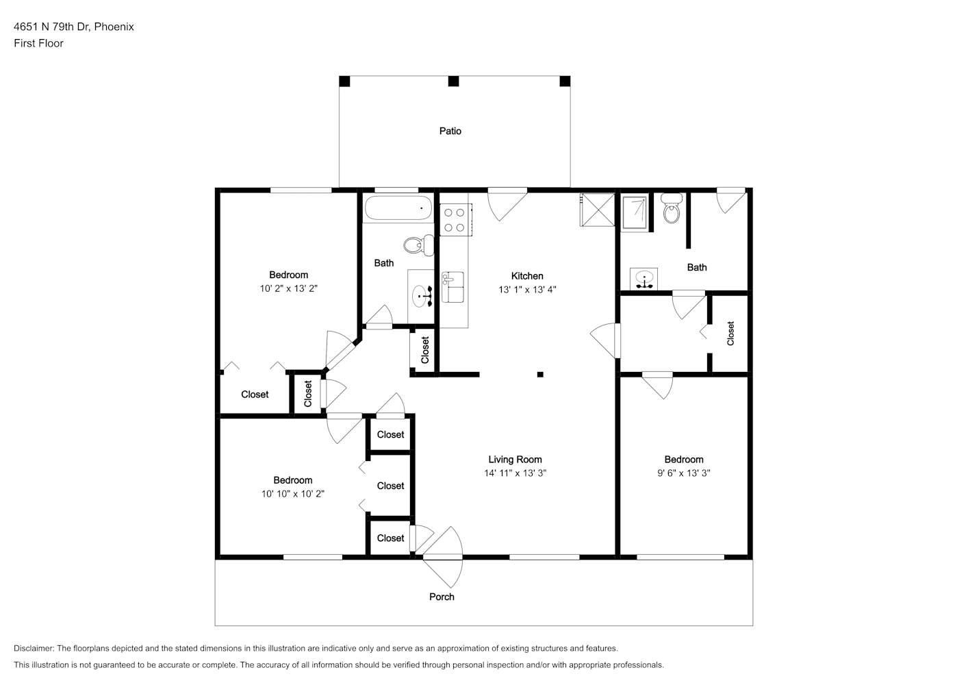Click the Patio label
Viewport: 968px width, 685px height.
click(x=450, y=131)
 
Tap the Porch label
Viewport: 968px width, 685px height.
click(x=442, y=597)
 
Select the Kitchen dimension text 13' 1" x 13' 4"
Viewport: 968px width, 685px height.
click(x=527, y=290)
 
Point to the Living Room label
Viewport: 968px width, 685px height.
click(x=515, y=459)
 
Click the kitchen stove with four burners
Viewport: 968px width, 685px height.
click(x=456, y=220)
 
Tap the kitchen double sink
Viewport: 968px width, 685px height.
click(x=453, y=287)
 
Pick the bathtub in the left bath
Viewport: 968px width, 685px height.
click(x=398, y=208)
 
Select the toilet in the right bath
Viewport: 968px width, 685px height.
click(x=672, y=208)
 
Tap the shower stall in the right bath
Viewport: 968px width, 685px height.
click(x=635, y=212)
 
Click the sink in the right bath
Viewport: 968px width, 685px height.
click(x=644, y=279)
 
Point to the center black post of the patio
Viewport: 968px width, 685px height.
click(x=453, y=82)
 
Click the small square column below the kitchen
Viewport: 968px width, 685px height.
click(x=540, y=375)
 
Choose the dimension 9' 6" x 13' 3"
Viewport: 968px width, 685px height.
click(x=684, y=473)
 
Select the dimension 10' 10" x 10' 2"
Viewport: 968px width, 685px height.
click(x=292, y=494)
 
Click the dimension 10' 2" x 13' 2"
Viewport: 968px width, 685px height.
click(x=289, y=288)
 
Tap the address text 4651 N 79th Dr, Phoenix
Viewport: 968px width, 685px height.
click(x=74, y=27)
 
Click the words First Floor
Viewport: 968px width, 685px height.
click(x=38, y=43)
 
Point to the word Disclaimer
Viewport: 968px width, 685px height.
click(x=34, y=648)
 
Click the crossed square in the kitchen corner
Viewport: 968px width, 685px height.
click(x=597, y=210)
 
